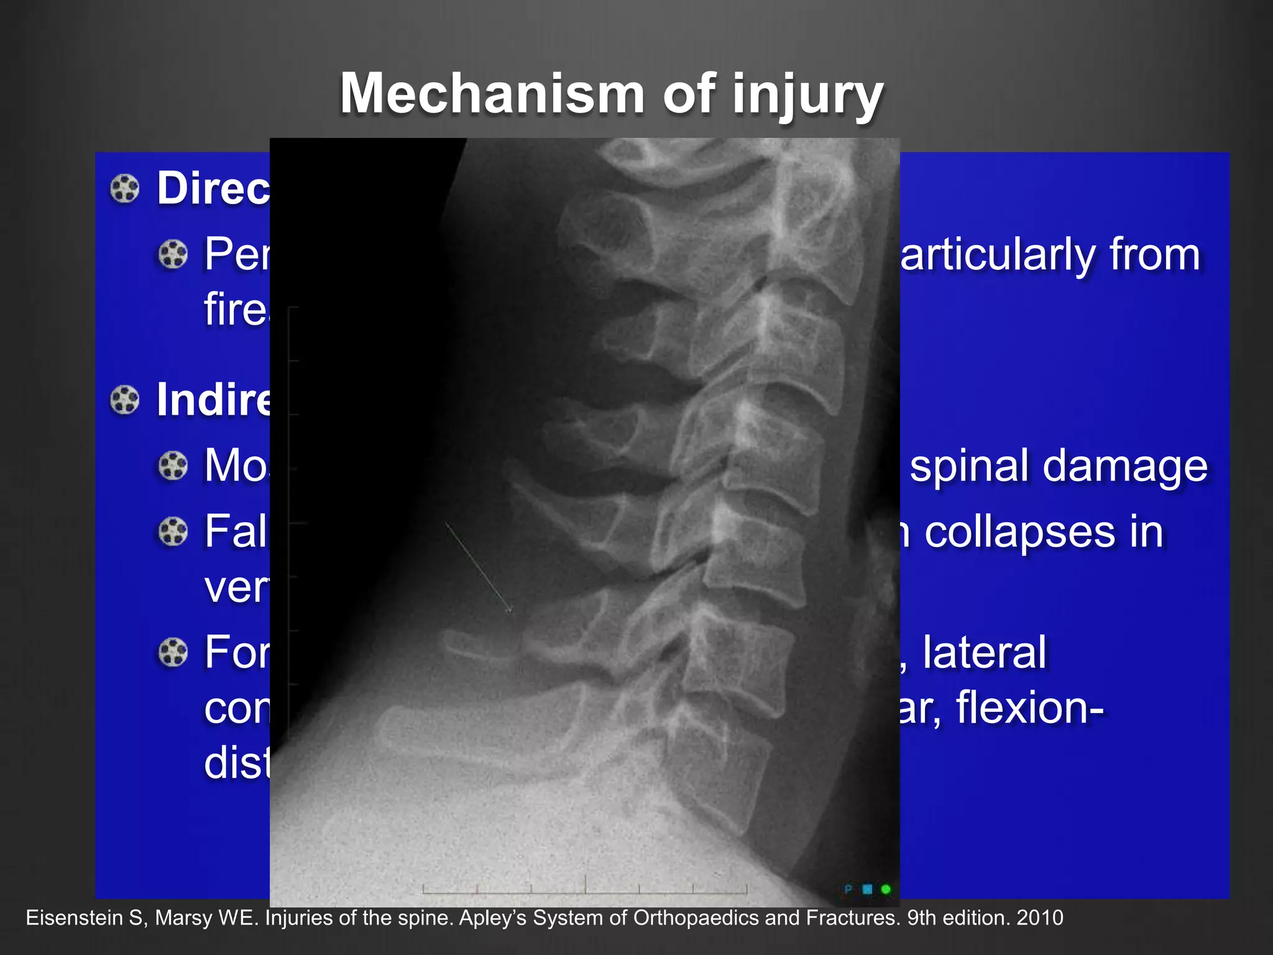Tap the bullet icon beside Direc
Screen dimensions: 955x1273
tap(125, 188)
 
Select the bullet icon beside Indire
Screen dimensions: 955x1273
tap(125, 400)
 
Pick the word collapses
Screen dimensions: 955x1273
tap(1019, 532)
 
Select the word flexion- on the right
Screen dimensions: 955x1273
tap(1029, 708)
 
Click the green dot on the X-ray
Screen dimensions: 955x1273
tap(886, 889)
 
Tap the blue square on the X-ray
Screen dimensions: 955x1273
tap(868, 889)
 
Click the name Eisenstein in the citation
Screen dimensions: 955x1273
tap(74, 918)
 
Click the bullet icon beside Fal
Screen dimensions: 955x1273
tap(173, 532)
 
